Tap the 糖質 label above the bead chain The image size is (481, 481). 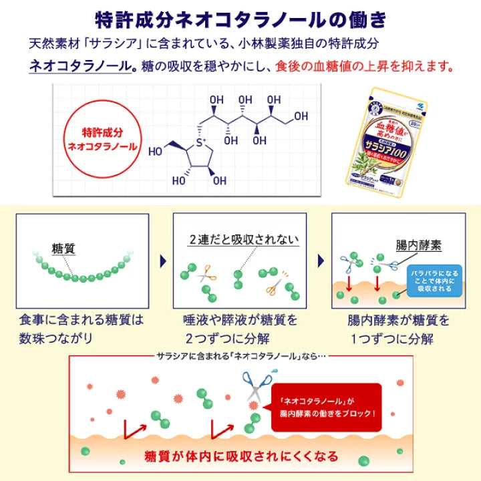pyautogui.click(x=63, y=249)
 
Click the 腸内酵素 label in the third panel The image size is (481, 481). pyautogui.click(x=418, y=245)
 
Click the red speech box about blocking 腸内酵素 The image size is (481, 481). pyautogui.click(x=322, y=404)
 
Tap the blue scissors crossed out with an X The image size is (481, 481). pyautogui.click(x=256, y=387)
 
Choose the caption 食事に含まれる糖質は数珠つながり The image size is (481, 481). pyautogui.click(x=82, y=329)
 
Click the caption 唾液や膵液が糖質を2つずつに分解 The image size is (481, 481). pyautogui.click(x=240, y=329)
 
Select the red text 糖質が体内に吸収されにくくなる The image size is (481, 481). pyautogui.click(x=240, y=457)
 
